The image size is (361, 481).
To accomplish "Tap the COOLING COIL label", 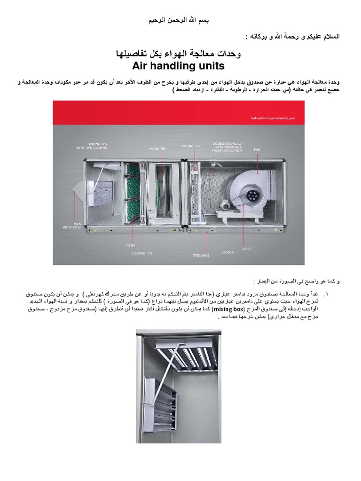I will pyautogui.click(x=191, y=146).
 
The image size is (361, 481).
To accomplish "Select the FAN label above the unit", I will pyautogui.click(x=257, y=149).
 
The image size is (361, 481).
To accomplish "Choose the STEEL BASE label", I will pyautogui.click(x=201, y=255).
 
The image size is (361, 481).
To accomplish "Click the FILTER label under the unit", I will pyautogui.click(x=131, y=245).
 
